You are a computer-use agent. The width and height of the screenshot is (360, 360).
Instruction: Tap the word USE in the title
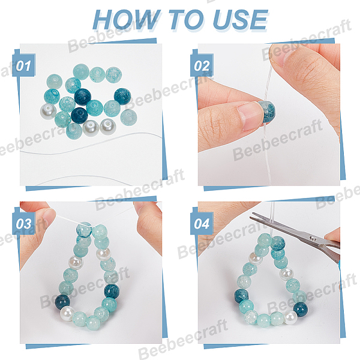point(240,20)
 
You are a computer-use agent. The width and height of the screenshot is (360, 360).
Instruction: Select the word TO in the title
point(187,20)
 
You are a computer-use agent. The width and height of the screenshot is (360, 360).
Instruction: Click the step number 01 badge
point(23,65)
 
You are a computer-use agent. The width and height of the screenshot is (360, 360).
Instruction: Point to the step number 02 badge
point(202,65)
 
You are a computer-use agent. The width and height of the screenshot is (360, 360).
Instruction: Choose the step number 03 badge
point(23,223)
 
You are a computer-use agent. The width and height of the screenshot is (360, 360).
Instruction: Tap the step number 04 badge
point(202,223)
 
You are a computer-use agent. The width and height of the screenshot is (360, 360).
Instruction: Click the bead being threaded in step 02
point(267,112)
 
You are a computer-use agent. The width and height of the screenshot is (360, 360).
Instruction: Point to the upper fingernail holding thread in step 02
point(277,56)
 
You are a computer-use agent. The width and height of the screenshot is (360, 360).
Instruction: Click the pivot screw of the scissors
point(313,238)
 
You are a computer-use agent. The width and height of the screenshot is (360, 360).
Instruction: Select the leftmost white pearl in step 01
point(48,111)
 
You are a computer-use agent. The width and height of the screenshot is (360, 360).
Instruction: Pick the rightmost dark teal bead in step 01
point(122,97)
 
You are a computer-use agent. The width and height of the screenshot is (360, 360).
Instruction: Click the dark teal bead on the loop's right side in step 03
point(112,291)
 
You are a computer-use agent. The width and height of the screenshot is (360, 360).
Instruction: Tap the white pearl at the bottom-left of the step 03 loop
point(67,313)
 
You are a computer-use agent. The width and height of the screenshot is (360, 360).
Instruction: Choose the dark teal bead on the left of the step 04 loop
point(242,296)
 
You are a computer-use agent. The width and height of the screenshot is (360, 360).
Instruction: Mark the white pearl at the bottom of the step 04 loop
point(290,317)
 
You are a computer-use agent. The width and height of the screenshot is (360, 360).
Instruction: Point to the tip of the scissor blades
point(251,214)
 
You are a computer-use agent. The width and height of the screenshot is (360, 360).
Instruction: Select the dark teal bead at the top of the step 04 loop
point(278,242)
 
